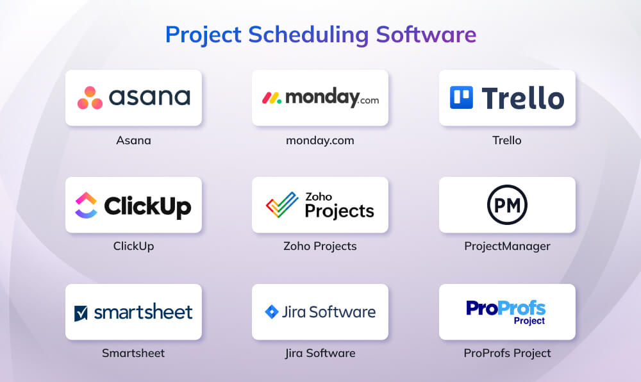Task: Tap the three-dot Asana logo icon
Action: click(x=90, y=98)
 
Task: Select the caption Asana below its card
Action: click(x=133, y=140)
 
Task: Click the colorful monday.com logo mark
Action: click(x=272, y=97)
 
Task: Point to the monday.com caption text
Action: click(x=320, y=140)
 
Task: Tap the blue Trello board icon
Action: click(x=461, y=97)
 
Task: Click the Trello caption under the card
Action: click(x=507, y=140)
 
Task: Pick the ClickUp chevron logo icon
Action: click(x=85, y=205)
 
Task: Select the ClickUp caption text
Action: click(x=133, y=246)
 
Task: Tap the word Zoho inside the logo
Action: click(x=319, y=196)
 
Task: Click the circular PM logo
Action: click(x=507, y=204)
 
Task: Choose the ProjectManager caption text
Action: click(x=507, y=246)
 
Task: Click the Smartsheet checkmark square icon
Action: click(x=81, y=313)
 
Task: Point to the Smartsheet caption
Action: click(x=133, y=353)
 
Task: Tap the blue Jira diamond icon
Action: click(x=271, y=312)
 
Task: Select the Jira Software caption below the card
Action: click(x=320, y=353)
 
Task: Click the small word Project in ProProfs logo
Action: click(x=529, y=321)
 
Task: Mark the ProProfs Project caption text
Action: click(x=507, y=353)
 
